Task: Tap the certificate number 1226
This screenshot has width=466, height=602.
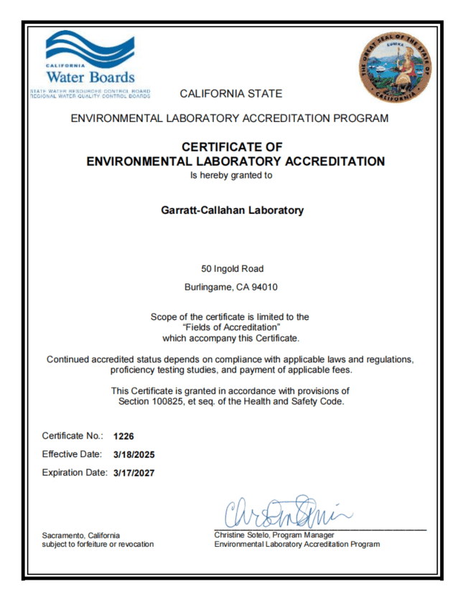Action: pos(124,436)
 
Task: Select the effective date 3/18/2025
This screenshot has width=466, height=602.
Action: pos(134,454)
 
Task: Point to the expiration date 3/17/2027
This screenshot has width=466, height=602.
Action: pos(134,473)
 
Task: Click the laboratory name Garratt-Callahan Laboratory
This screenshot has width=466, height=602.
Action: pos(233,210)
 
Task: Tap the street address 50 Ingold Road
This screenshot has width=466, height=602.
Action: pos(233,269)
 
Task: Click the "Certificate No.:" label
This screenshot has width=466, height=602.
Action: pos(73,436)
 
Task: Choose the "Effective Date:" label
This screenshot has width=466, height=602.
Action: pos(74,454)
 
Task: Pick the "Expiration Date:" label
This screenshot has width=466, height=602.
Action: pos(75,473)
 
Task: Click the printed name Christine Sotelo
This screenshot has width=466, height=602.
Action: pos(243,535)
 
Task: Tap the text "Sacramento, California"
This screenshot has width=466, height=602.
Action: pos(81,535)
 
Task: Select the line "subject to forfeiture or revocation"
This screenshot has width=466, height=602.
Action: pos(98,545)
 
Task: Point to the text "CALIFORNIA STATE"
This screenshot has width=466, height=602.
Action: pos(231,93)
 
